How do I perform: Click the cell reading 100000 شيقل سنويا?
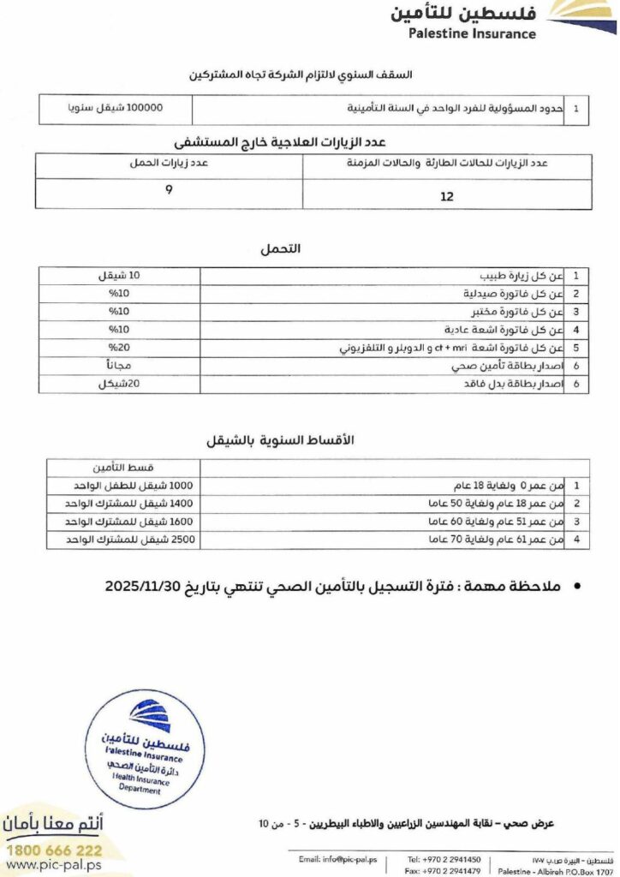click(x=115, y=110)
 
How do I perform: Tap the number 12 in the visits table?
click(x=446, y=196)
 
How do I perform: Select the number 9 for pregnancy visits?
click(x=169, y=189)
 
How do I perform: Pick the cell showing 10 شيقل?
click(x=121, y=276)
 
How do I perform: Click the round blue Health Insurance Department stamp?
click(x=144, y=749)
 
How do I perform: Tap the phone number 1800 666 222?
click(x=55, y=850)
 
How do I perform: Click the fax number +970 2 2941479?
click(x=444, y=869)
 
